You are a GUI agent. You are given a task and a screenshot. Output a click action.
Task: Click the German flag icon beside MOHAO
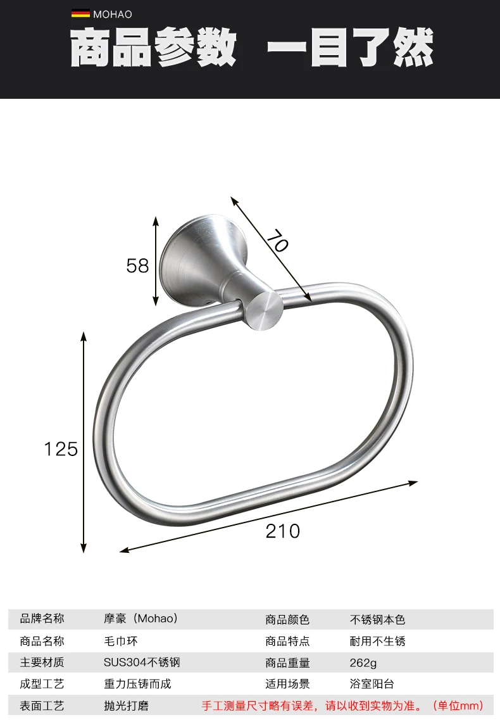(x=80, y=14)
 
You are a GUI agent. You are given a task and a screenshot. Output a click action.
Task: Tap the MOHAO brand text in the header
(x=112, y=15)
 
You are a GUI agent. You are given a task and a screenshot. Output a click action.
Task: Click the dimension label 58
(x=137, y=266)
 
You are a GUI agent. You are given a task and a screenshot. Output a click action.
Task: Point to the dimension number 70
(x=277, y=241)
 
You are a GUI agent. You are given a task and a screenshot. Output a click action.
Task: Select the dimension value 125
(x=61, y=449)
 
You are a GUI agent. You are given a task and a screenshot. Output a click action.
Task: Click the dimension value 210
(x=283, y=531)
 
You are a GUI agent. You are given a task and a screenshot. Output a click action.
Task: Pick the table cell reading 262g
(x=363, y=662)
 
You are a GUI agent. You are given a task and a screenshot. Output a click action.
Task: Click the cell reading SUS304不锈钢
(x=142, y=662)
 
